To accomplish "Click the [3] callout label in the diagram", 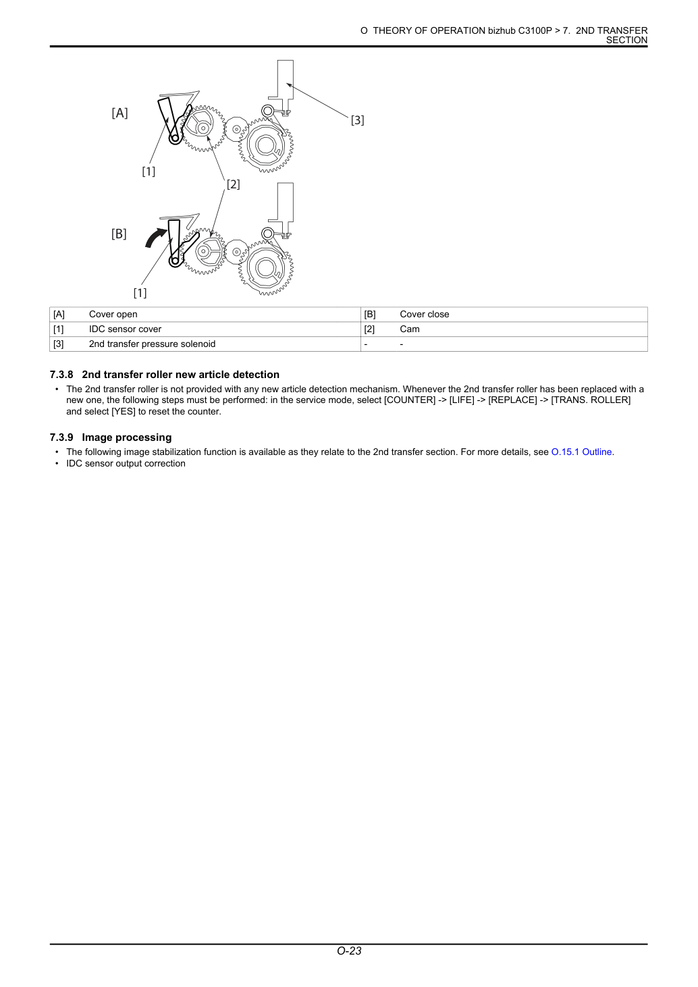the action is [357, 120].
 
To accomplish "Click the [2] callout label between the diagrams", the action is [233, 184].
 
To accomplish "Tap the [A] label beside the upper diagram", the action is [119, 113].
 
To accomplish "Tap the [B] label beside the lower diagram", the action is [119, 234].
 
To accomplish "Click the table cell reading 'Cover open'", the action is [113, 314].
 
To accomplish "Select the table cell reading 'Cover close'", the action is [425, 314].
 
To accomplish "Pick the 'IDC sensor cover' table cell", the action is [125, 329].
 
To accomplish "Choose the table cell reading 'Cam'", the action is [409, 329].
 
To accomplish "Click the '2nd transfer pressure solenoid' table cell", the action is [152, 344].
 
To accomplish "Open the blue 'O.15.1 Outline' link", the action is [581, 452].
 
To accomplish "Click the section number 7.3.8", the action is [61, 375].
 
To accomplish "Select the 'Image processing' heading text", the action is [127, 437].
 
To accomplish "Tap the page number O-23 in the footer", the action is [349, 951].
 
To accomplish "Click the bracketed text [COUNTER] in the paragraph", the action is [410, 400].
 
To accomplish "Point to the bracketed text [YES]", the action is [123, 412].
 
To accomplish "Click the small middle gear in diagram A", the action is [236, 129].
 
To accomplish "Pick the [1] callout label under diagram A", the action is [149, 171].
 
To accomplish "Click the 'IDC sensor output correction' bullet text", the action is [126, 464].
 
